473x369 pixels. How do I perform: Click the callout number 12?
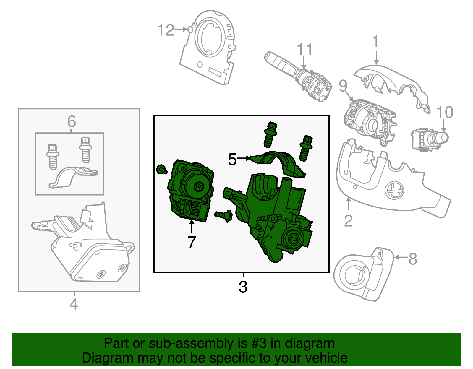(x=166, y=30)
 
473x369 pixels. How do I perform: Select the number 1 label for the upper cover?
(x=375, y=42)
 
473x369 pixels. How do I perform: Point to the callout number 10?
(x=444, y=113)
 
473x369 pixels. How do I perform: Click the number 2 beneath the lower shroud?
(x=348, y=221)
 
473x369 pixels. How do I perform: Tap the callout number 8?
(x=413, y=259)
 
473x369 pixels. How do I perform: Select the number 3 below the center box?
(x=243, y=287)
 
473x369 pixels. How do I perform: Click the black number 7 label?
(x=192, y=243)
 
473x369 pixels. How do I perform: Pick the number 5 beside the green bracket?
(x=232, y=160)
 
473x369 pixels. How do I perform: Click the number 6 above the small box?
(x=72, y=121)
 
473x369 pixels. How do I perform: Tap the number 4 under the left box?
(x=74, y=304)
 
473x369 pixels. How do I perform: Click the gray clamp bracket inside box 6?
(x=72, y=177)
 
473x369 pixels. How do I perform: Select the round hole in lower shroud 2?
(x=394, y=190)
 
